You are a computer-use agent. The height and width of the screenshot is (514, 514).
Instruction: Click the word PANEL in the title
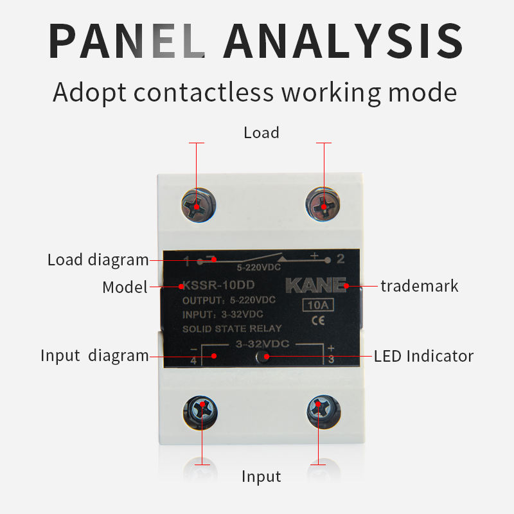pos(127,40)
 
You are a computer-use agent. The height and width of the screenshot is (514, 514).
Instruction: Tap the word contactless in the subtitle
pos(204,92)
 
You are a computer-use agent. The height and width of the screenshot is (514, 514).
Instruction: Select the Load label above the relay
pos(261,133)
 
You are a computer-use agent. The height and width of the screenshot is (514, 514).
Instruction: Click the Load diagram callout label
pos(98,260)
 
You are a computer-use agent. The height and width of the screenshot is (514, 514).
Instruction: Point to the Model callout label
pos(125,287)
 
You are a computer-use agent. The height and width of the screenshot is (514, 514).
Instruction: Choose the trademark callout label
pos(420,285)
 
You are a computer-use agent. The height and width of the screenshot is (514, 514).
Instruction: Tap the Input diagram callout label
pos(94,355)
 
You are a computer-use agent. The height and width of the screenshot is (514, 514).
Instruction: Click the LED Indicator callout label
pos(423,355)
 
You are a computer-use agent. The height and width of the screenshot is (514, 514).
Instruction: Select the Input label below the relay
pos(261,476)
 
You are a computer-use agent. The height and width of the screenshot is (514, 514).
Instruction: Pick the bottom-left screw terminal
pos(202,409)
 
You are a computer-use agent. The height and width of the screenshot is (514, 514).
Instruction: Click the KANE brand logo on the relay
pos(316,285)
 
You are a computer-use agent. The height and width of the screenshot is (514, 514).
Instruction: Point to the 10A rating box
pos(317,305)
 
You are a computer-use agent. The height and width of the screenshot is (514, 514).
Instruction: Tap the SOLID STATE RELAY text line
pos(232,328)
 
